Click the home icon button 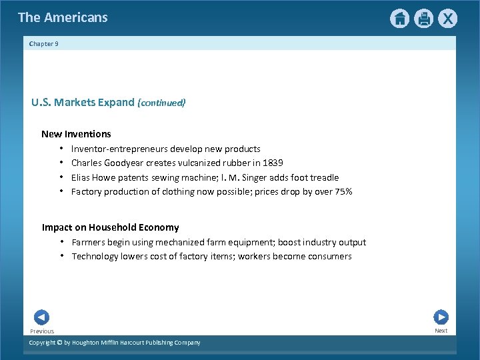[x=399, y=19]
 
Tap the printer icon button [x=423, y=19]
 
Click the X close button [x=447, y=19]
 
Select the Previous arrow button [x=41, y=318]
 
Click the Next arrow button [x=441, y=317]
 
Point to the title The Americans [x=63, y=17]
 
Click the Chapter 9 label [x=44, y=44]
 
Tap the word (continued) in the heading [x=161, y=103]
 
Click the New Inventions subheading [x=76, y=134]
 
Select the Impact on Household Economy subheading [x=110, y=227]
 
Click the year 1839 [x=272, y=163]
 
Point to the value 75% [x=342, y=192]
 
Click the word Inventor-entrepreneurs [x=119, y=149]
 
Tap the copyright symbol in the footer [x=60, y=343]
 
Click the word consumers [x=329, y=257]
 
